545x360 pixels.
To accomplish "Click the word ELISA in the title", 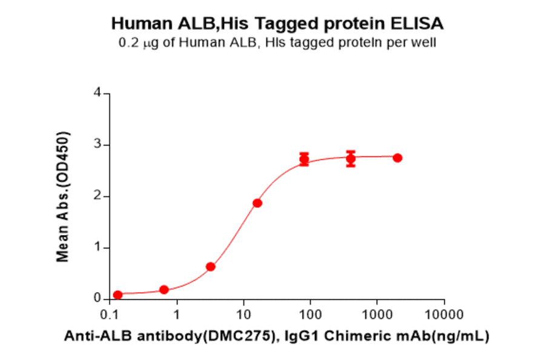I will click(x=417, y=24).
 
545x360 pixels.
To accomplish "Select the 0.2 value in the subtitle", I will click(x=128, y=42).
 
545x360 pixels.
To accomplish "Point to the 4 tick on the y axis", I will click(x=97, y=93).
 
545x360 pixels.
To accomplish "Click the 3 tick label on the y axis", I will click(x=97, y=145).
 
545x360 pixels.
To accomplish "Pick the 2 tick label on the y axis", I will click(x=97, y=196).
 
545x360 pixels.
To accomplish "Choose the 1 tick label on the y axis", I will click(x=97, y=248).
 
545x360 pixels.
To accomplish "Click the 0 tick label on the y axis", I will click(x=97, y=299).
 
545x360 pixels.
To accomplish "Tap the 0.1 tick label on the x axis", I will click(x=110, y=315).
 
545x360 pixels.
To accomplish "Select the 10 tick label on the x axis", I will click(x=243, y=315).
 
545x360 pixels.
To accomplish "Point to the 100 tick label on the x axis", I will click(x=310, y=315).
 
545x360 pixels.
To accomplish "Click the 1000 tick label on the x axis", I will click(x=377, y=315).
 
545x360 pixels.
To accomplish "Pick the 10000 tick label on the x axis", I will click(x=444, y=315).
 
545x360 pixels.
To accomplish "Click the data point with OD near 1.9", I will click(x=257, y=203).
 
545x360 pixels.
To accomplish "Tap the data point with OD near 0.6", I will click(x=211, y=267).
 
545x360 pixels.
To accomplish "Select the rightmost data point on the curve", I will click(x=397, y=158).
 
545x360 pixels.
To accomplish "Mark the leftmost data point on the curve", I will click(x=117, y=295).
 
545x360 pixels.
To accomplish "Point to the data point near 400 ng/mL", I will click(x=351, y=159).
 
